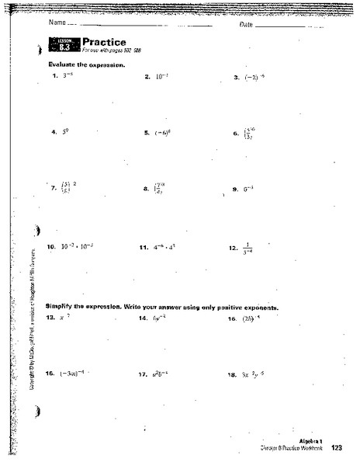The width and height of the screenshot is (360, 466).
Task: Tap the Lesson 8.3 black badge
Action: (66, 46)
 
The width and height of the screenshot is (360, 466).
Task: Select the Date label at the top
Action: (247, 26)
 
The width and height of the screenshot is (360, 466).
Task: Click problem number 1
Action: (54, 77)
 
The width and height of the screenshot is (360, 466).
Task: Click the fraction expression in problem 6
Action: (250, 134)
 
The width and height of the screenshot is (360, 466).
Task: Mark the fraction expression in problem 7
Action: (66, 188)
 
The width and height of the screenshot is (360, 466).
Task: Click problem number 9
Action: (234, 189)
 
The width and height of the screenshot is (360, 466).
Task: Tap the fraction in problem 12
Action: (248, 247)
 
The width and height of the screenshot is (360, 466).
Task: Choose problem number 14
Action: (143, 318)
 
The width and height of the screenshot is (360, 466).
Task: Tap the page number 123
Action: (336, 448)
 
